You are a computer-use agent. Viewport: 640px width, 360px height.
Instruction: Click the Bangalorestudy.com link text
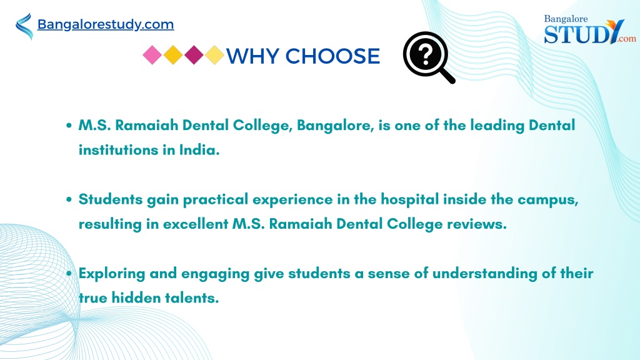point(105,24)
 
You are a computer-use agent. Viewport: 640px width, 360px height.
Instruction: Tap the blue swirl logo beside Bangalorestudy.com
point(24,26)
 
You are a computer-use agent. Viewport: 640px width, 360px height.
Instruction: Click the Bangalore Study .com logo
point(589,29)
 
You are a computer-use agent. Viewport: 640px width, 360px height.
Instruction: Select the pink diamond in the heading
point(152,55)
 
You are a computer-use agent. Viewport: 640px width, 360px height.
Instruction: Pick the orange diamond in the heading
point(173,55)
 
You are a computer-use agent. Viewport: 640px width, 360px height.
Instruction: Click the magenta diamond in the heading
point(194,55)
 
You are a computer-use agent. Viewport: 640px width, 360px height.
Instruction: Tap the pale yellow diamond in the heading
point(215,55)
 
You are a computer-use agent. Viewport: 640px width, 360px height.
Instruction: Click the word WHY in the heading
point(252,56)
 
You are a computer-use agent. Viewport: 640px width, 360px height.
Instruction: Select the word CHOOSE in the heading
point(332,56)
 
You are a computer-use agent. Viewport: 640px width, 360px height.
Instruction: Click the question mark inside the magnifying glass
point(425,55)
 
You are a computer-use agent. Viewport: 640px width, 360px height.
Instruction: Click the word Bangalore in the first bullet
point(333,125)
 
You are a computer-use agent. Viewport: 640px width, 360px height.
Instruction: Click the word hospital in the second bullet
point(410,199)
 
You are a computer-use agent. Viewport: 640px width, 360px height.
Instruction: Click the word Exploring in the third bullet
point(112,274)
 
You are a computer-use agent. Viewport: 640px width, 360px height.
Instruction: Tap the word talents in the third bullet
point(192,297)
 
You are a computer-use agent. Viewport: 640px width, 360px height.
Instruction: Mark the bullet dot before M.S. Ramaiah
point(69,125)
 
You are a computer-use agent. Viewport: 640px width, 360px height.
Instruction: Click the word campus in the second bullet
point(548,200)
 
